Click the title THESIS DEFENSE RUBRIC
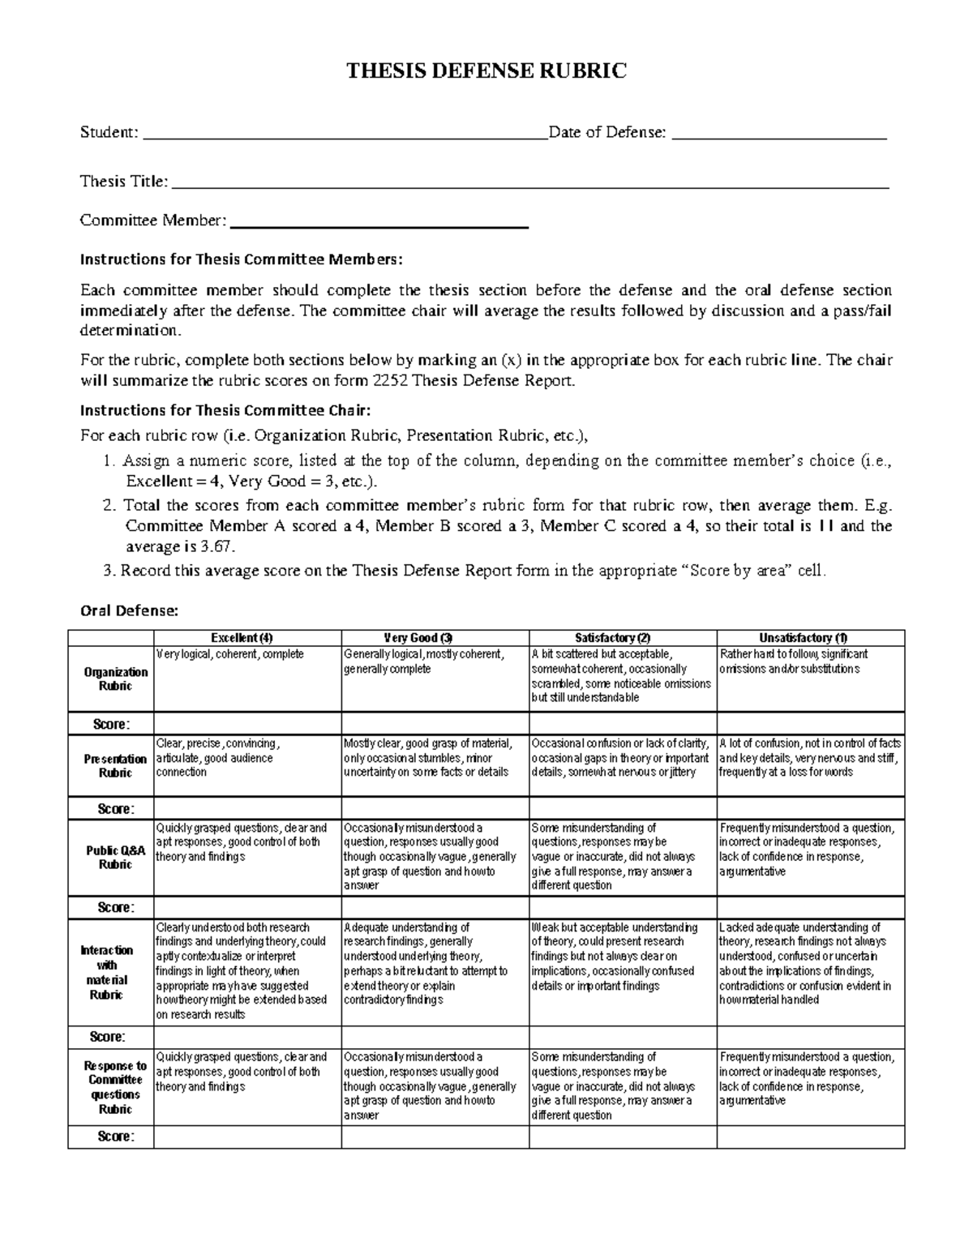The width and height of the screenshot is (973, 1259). tap(486, 71)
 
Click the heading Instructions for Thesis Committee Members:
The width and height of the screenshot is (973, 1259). tap(240, 259)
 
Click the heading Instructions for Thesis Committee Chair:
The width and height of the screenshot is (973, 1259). tap(225, 410)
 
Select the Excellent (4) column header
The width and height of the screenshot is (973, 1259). tap(246, 638)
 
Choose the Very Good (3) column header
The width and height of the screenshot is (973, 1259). tap(435, 638)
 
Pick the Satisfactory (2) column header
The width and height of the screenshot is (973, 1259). tap(623, 638)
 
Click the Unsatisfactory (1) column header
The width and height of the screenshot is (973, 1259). tap(810, 638)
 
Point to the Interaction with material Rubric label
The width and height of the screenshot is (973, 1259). tap(110, 972)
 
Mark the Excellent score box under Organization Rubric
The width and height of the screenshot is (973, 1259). tap(246, 724)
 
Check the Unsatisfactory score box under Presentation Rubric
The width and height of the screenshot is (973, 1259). tap(810, 808)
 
